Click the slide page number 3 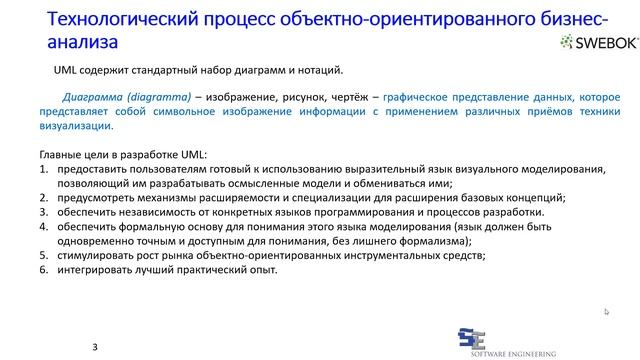tap(95, 346)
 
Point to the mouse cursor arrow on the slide tap(607, 312)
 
